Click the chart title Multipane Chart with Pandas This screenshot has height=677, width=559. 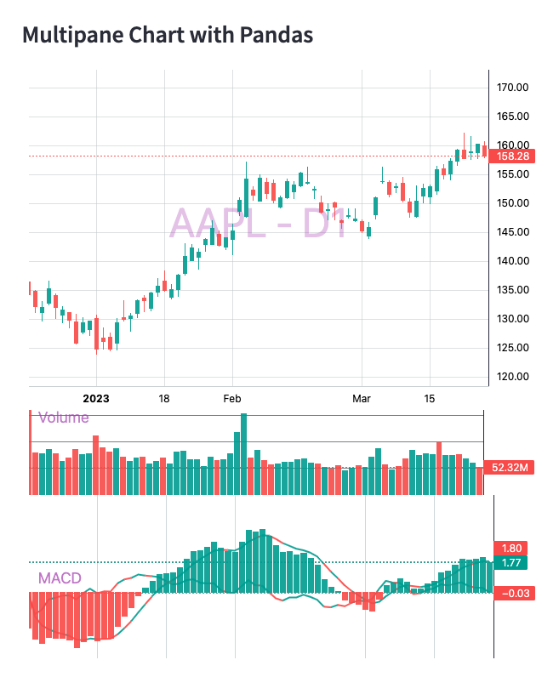168,35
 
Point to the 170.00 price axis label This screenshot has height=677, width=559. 513,88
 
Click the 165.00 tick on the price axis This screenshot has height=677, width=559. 513,117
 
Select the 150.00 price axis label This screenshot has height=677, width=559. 513,203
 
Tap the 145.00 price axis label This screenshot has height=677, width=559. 513,232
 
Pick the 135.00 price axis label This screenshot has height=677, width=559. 513,290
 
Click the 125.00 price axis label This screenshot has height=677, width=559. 513,348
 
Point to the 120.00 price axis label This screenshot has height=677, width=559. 513,377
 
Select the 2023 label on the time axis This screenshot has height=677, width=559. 96,398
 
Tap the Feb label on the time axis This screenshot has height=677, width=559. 232,398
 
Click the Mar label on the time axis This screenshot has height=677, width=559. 363,398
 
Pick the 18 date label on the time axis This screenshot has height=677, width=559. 164,398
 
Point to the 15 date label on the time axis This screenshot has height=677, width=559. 430,398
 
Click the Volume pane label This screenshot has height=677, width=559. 63,418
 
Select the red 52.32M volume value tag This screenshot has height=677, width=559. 508,467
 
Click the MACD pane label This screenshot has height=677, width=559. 60,578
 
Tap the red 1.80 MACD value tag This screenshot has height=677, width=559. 511,549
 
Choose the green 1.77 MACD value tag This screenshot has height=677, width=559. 511,563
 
